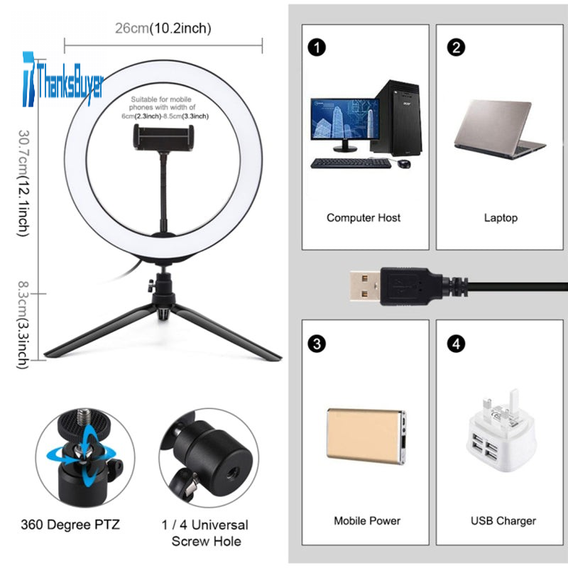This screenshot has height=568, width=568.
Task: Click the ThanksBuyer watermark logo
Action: click(x=63, y=80)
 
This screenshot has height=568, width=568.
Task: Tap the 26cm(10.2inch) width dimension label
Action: click(x=163, y=28)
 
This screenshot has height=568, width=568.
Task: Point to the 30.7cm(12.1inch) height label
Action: click(x=24, y=183)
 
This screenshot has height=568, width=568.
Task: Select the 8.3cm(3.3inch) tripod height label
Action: click(x=24, y=325)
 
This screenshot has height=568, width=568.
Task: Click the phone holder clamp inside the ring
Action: click(x=163, y=136)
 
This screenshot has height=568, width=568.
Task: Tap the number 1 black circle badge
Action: click(x=317, y=48)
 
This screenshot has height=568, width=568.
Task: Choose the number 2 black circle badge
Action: click(x=456, y=48)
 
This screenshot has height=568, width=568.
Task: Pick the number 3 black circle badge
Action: click(x=317, y=344)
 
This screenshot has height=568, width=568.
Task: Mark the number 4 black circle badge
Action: click(x=456, y=344)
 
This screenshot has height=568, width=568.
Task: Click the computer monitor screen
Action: click(x=345, y=119)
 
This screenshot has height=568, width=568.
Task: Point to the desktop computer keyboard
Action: click(x=351, y=163)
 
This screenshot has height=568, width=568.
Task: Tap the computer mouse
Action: click(x=404, y=163)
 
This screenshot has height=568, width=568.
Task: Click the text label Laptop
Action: click(x=501, y=218)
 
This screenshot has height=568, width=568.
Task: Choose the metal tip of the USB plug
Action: click(x=365, y=286)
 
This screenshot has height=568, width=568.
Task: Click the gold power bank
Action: click(x=366, y=436)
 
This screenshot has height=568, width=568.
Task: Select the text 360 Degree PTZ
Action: click(x=70, y=525)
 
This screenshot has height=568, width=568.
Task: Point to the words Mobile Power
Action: click(x=367, y=521)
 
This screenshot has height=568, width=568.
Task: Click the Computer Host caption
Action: click(x=364, y=218)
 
